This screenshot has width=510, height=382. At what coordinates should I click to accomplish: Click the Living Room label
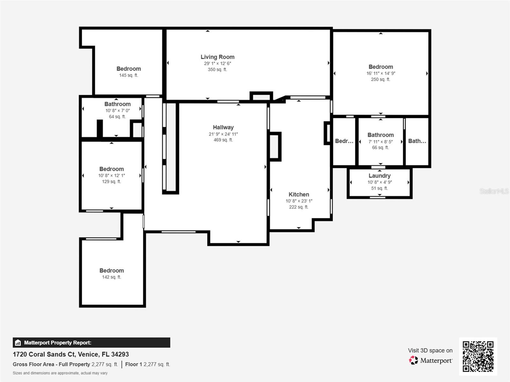[217, 57]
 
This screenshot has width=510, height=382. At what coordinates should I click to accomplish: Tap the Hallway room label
[223, 127]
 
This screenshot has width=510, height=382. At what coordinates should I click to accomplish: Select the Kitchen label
[299, 195]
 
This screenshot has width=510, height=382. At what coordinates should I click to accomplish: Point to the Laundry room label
[379, 176]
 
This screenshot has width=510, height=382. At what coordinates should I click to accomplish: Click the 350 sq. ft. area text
[217, 70]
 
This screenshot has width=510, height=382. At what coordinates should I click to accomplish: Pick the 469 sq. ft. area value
[223, 140]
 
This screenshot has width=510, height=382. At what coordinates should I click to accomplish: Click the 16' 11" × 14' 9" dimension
[381, 73]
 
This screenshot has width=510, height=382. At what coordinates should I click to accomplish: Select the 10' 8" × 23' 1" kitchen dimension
[299, 201]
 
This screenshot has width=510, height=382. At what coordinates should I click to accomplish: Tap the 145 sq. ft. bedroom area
[128, 75]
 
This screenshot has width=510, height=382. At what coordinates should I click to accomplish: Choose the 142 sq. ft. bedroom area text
[112, 277]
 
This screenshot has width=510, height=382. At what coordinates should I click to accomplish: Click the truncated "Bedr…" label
[344, 141]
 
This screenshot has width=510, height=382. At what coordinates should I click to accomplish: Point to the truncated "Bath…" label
[417, 141]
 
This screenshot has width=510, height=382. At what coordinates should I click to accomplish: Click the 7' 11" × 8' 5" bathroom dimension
[380, 141]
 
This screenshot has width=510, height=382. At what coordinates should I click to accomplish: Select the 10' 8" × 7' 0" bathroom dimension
[117, 111]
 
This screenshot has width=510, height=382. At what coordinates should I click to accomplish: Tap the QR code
[478, 357]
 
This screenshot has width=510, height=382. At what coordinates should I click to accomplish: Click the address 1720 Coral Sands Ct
[44, 354]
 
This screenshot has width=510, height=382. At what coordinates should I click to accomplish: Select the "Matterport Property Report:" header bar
[91, 343]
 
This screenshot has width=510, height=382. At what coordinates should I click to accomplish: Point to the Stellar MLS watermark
[494, 191]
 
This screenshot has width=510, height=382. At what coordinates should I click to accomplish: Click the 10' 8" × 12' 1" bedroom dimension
[112, 176]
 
